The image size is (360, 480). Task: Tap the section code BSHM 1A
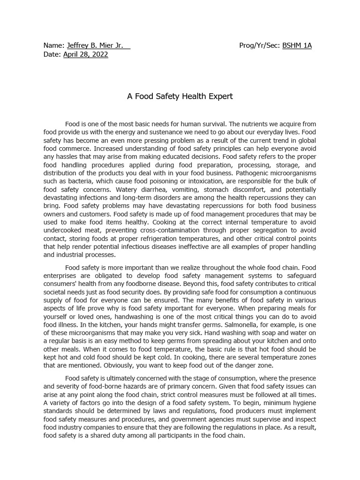(x=297, y=45)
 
